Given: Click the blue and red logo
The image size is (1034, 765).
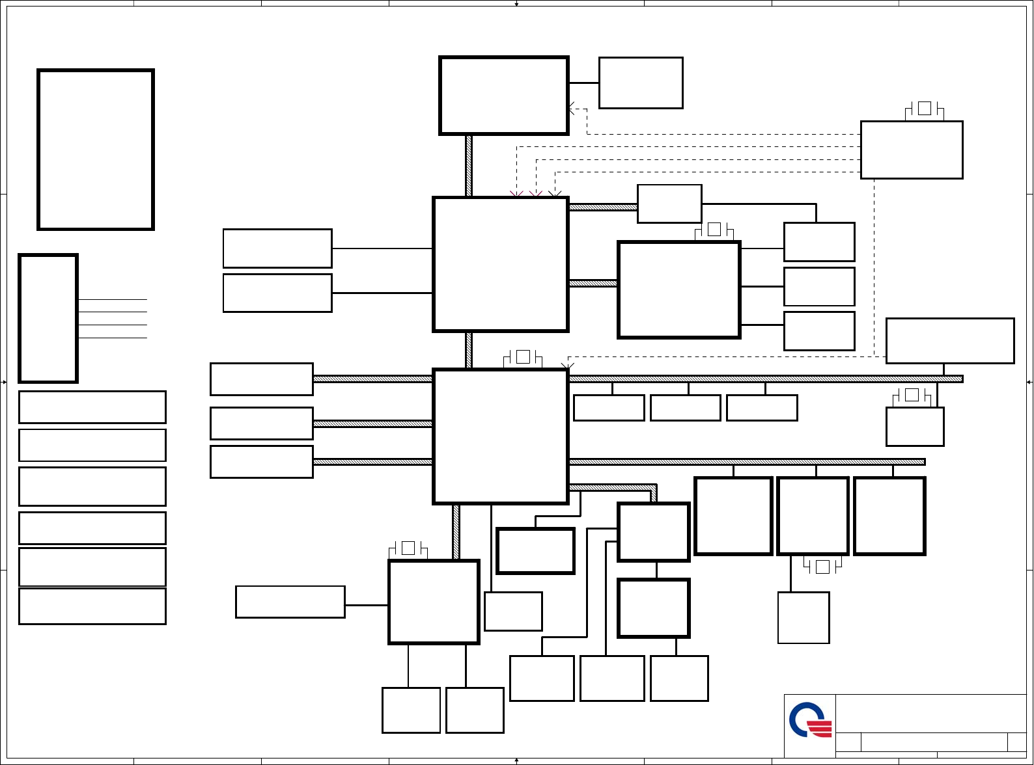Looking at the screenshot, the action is [810, 720].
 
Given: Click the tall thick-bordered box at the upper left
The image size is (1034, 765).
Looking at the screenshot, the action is [96, 150].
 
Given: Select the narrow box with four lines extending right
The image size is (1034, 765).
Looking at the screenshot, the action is [48, 318].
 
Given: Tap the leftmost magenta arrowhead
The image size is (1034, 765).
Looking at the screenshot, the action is [516, 194].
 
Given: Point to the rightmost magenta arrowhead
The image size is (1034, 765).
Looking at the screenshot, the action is [536, 194].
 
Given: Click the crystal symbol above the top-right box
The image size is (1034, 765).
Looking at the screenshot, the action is [924, 109].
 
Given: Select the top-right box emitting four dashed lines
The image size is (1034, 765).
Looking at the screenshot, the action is [912, 150].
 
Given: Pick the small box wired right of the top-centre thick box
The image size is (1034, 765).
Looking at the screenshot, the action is [641, 83].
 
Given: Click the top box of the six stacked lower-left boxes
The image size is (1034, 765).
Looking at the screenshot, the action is [92, 407].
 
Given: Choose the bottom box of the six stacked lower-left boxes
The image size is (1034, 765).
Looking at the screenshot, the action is [92, 606].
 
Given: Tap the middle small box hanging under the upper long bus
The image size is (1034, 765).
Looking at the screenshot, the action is [686, 408].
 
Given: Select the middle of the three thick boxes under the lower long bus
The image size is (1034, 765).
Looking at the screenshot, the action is [813, 516].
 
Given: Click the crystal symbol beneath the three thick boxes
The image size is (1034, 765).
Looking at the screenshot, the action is [822, 567].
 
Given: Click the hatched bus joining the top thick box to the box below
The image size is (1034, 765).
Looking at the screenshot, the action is [469, 166].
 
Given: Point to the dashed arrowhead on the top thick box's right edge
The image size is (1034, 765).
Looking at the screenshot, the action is [571, 109].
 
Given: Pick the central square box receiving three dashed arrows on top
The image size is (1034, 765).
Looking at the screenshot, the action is [501, 265].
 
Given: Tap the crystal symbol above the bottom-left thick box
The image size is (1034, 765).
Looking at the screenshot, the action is [408, 548].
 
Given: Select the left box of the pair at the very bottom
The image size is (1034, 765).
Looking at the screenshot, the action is [411, 710].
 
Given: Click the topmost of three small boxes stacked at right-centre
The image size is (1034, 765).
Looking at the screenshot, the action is [819, 242].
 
